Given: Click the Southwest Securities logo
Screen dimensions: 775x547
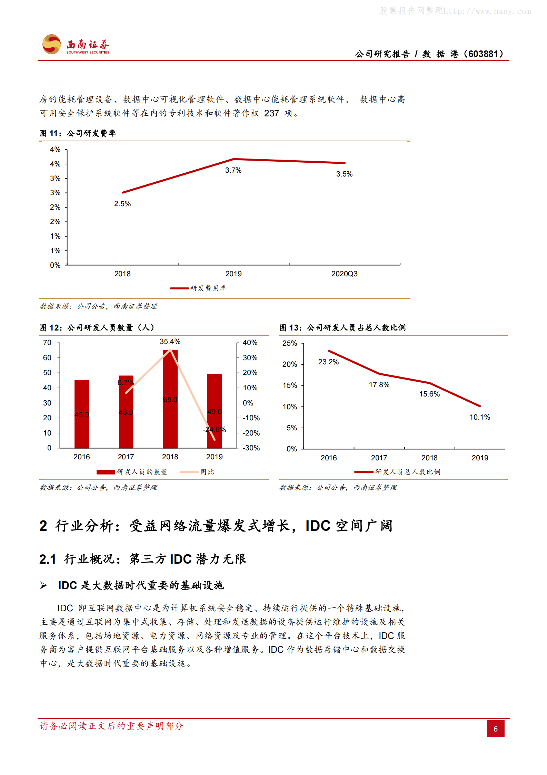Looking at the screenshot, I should pyautogui.click(x=76, y=45).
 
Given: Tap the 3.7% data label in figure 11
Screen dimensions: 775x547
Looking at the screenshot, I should pyautogui.click(x=233, y=170).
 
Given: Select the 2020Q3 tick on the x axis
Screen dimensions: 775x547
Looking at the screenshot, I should pyautogui.click(x=344, y=274).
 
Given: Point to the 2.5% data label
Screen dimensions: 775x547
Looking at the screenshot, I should pyautogui.click(x=122, y=204).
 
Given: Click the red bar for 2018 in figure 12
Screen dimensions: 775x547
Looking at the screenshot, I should pyautogui.click(x=170, y=399).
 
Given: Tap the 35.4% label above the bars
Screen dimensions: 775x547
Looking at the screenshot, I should pyautogui.click(x=170, y=342).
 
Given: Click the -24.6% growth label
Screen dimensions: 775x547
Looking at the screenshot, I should pyautogui.click(x=214, y=430).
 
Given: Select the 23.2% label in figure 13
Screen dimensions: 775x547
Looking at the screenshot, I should pyautogui.click(x=328, y=362).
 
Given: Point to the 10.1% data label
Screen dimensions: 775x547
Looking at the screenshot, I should pyautogui.click(x=479, y=417).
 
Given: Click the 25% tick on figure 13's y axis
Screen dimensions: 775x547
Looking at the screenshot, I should pyautogui.click(x=289, y=343).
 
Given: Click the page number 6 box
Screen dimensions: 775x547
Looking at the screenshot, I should pyautogui.click(x=495, y=728).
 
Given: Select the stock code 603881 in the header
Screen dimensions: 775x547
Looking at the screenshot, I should pyautogui.click(x=483, y=54).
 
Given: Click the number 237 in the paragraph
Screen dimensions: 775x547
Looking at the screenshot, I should pyautogui.click(x=271, y=113).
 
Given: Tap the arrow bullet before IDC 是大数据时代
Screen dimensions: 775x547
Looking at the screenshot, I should pyautogui.click(x=43, y=585).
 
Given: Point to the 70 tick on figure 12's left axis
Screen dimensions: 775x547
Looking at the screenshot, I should pyautogui.click(x=47, y=343).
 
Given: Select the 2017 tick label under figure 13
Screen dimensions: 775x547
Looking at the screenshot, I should pyautogui.click(x=379, y=458).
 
